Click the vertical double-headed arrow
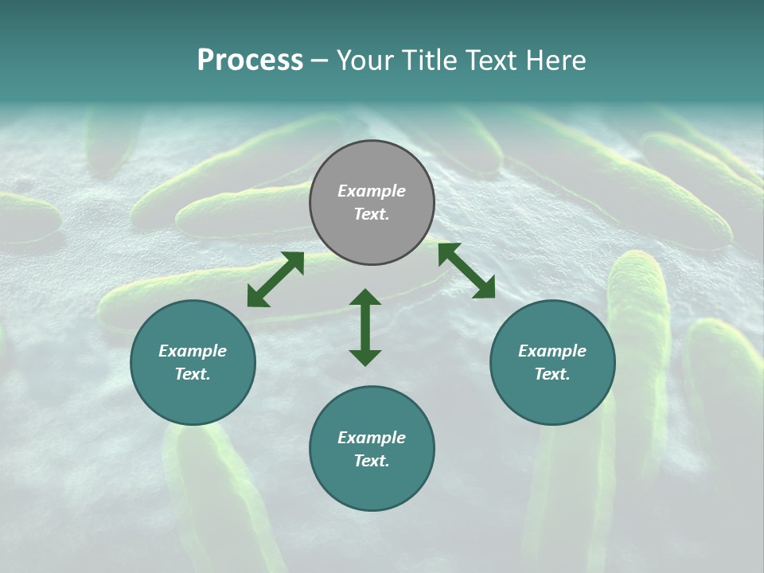tap(365, 327)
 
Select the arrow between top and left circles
tap(275, 279)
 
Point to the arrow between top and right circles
tap(466, 271)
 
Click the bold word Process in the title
tap(250, 60)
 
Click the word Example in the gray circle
tap(372, 191)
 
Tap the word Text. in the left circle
tap(193, 374)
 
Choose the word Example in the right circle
tap(552, 351)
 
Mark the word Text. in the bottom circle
tap(372, 461)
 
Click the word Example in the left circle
tap(193, 351)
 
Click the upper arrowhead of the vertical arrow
tap(365, 297)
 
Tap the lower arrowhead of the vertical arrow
tap(365, 357)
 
